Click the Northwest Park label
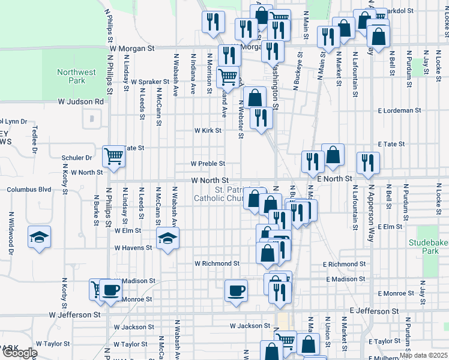click(x=76, y=76)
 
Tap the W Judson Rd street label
click(x=82, y=102)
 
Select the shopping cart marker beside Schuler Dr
click(x=113, y=156)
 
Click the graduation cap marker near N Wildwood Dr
click(x=39, y=237)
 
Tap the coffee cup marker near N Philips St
click(x=110, y=290)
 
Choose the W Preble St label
click(x=208, y=163)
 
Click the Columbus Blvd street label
click(x=29, y=190)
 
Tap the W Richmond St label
click(x=217, y=263)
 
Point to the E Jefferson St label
click(x=374, y=311)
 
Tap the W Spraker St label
click(x=150, y=82)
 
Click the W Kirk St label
click(x=208, y=130)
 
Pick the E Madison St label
click(x=346, y=280)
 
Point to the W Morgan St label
click(x=132, y=47)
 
